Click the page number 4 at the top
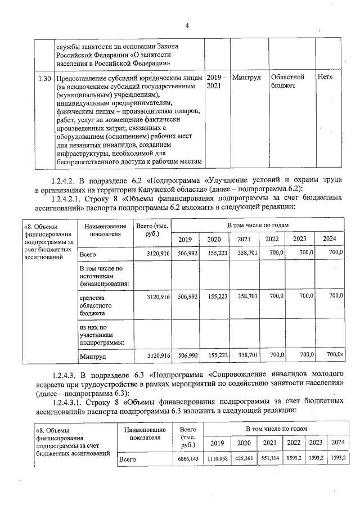pos(187,25)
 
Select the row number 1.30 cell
pos(43,77)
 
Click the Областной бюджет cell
pos(287,81)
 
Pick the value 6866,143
pos(186,459)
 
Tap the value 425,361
pos(244,459)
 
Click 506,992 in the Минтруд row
pos(185,355)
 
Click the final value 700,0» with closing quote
pos(334,355)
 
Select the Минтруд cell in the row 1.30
pos(246,77)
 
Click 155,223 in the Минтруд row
pos(217,355)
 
